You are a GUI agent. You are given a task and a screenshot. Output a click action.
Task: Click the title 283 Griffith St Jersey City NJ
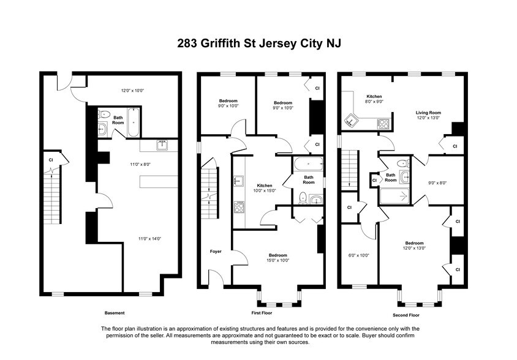(258, 43)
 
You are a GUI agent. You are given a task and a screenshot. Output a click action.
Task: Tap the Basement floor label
(113, 312)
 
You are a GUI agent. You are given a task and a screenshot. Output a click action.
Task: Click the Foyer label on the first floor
(215, 252)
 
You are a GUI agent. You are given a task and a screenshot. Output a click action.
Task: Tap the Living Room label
(428, 113)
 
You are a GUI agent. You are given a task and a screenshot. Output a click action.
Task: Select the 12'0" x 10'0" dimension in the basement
(132, 91)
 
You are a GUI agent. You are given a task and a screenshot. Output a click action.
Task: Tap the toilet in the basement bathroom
(104, 114)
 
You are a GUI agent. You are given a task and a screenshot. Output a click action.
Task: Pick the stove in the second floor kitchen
(384, 123)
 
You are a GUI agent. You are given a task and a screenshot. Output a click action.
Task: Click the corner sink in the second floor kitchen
(351, 119)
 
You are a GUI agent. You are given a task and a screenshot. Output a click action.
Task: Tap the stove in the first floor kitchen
(238, 207)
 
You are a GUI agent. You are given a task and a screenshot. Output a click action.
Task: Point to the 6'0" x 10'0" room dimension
(358, 255)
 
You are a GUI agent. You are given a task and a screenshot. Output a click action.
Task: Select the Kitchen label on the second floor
(374, 97)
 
